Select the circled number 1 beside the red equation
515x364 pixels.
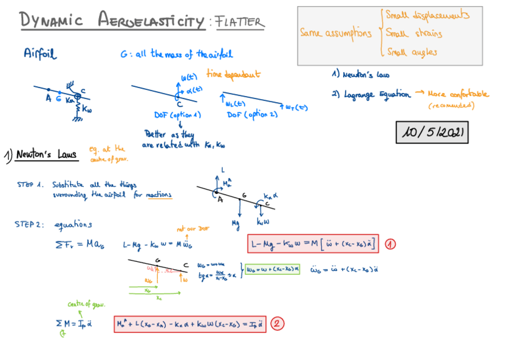click(x=390, y=244)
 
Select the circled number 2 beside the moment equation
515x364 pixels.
click(x=276, y=323)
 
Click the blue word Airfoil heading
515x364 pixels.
click(x=40, y=54)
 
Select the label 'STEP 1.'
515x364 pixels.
click(x=29, y=184)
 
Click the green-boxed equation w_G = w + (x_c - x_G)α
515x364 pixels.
click(x=273, y=269)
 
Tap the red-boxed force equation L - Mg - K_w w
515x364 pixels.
click(x=313, y=244)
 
